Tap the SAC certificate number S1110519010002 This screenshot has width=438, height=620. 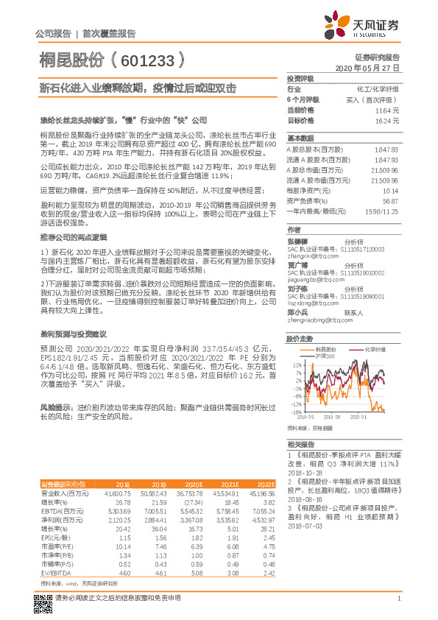360,272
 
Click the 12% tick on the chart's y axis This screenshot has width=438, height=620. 295,364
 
